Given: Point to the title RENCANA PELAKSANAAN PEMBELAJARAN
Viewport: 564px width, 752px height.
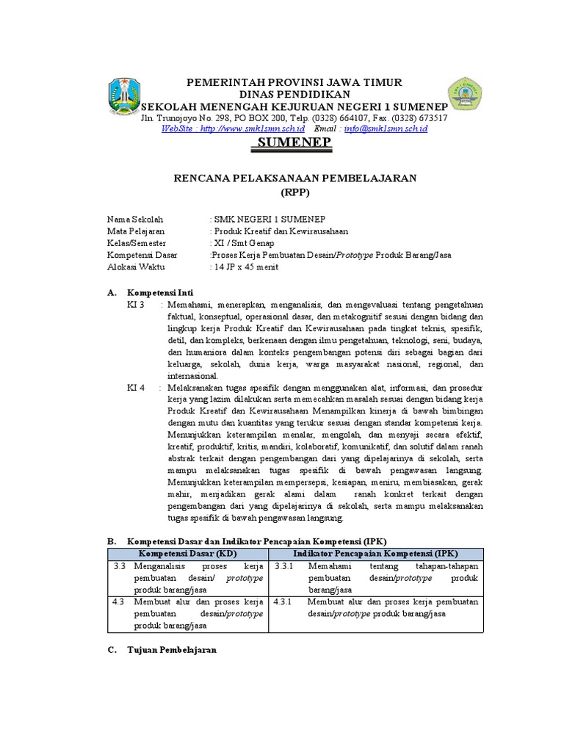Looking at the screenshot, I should (x=294, y=178).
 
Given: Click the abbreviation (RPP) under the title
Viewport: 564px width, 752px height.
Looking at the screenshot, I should (x=295, y=192).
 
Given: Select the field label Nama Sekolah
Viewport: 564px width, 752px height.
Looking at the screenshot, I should (x=135, y=220).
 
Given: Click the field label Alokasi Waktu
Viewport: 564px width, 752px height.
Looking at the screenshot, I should (x=137, y=267).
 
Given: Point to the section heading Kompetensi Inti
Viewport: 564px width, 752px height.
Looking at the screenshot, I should (x=159, y=292).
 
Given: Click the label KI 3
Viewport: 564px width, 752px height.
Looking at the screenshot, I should (x=137, y=304).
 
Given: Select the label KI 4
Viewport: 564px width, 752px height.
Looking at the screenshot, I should (x=137, y=386).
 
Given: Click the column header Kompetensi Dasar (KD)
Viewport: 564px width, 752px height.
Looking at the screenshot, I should (x=188, y=553).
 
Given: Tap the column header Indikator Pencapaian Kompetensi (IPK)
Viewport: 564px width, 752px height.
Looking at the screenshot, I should (x=377, y=553).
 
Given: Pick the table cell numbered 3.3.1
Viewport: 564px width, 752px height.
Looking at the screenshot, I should (x=283, y=567).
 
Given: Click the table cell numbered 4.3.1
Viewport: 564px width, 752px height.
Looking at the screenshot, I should (x=283, y=601).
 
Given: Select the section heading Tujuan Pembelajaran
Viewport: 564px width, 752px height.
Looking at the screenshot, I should (x=172, y=651).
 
